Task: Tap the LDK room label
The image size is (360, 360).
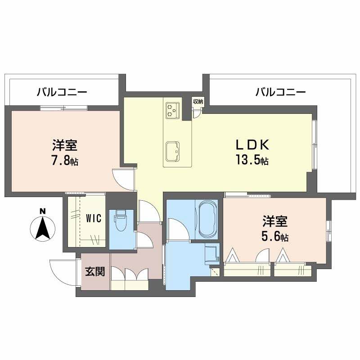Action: [252, 145]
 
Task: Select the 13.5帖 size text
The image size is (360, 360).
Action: [252, 160]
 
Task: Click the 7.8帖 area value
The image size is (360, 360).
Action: [65, 160]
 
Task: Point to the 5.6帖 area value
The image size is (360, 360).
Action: [276, 236]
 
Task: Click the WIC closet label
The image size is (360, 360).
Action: [94, 218]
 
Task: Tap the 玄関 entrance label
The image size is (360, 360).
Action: [95, 271]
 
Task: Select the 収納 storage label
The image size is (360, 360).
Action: [198, 101]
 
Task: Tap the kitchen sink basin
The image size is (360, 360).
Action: [173, 151]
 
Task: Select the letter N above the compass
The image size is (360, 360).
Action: [42, 211]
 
